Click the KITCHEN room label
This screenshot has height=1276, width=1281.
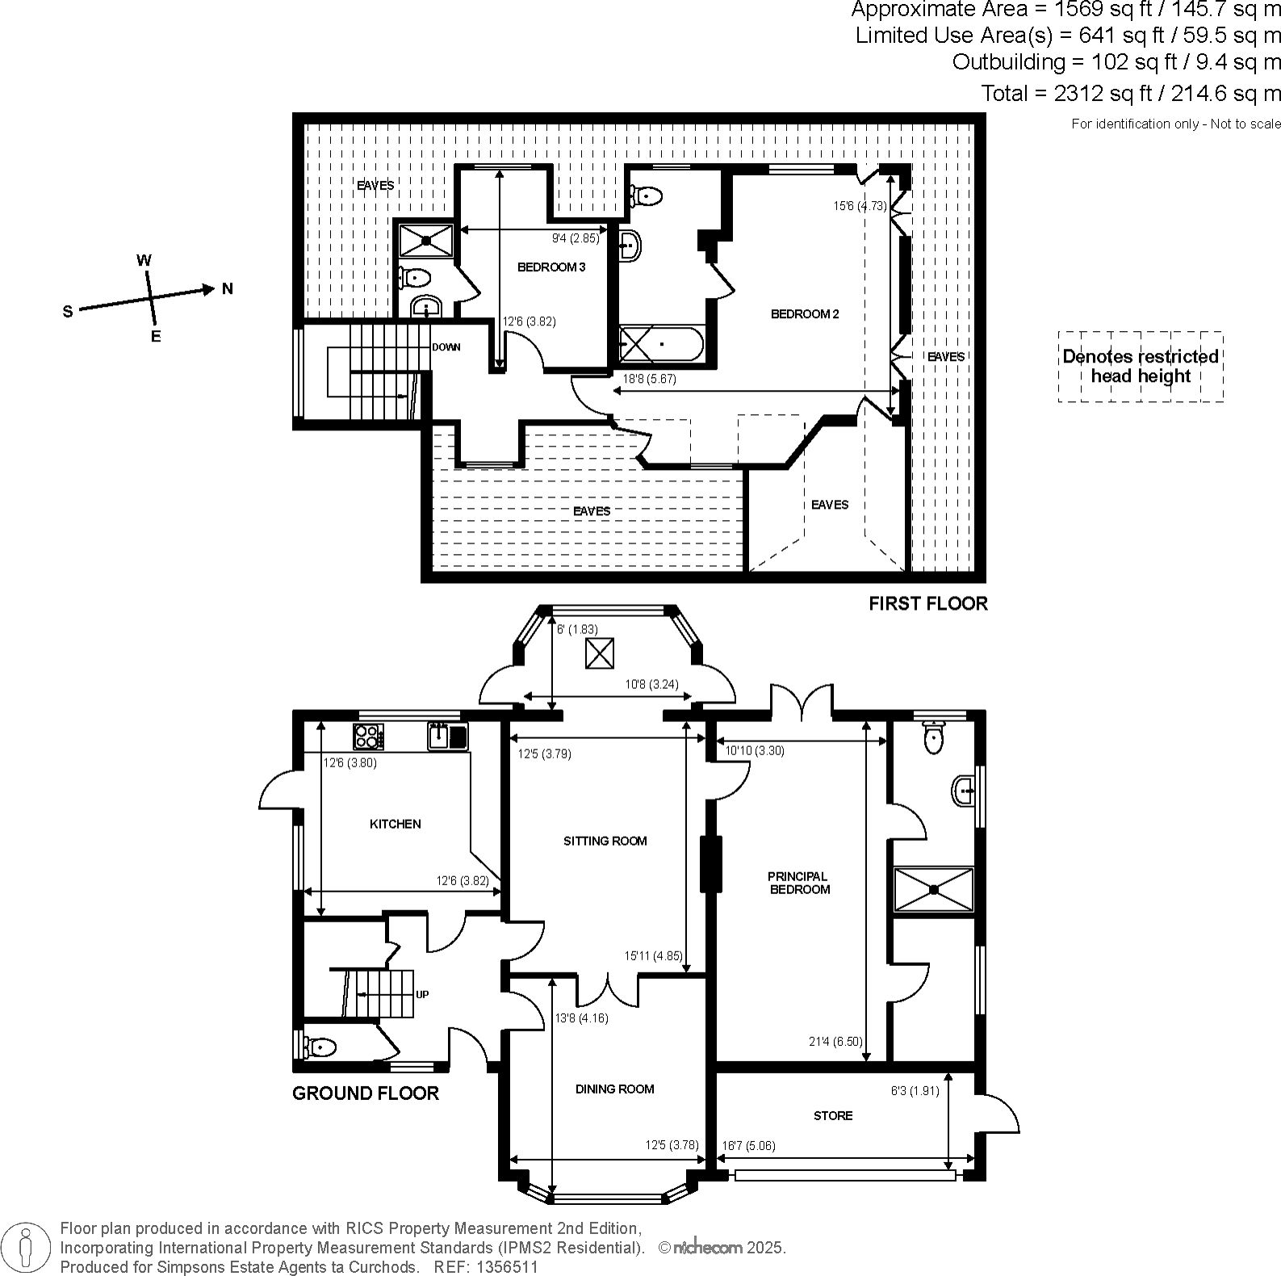[395, 824]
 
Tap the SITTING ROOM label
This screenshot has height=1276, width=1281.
[605, 841]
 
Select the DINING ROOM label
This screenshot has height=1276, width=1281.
[614, 1089]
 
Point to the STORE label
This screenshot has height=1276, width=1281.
[833, 1115]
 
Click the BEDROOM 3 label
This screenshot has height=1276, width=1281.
[550, 267]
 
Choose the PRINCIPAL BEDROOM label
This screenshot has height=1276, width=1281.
[798, 883]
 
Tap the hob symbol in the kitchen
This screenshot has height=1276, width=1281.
[368, 737]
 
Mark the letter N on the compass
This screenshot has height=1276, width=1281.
[228, 288]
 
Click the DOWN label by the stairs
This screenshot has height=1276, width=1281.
[446, 347]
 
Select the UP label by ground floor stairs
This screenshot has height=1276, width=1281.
[422, 995]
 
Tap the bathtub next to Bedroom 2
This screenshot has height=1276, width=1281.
[661, 345]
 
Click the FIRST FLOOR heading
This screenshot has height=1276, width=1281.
[927, 603]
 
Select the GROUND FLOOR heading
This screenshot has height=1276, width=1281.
[365, 1093]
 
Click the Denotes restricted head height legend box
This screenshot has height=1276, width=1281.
[1140, 367]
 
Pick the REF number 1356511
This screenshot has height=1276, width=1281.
[486, 1267]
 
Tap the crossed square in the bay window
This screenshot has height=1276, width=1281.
[599, 653]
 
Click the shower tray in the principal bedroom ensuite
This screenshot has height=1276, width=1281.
[933, 889]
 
